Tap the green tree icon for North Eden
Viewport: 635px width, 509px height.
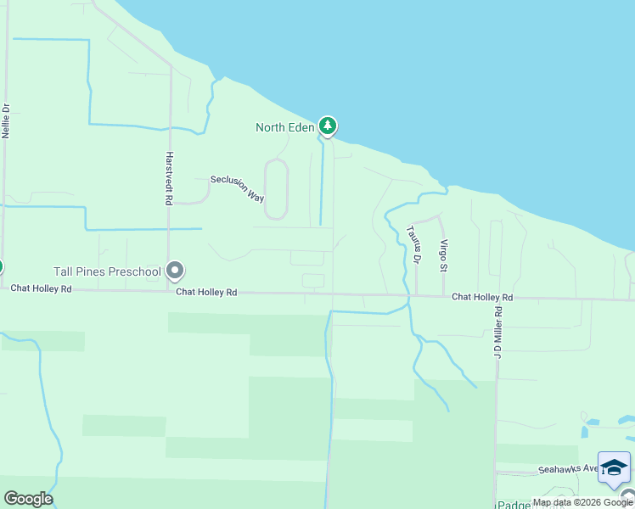[328, 126]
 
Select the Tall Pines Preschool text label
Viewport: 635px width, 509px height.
[107, 272]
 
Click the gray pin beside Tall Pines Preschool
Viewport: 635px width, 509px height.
[176, 271]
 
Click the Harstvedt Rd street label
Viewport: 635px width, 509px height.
[170, 179]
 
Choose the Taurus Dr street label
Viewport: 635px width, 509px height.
[413, 244]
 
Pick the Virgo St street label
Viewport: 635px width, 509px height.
[442, 255]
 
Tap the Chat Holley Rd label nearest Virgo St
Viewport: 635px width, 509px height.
[482, 298]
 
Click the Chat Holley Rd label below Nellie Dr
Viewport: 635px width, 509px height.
[42, 289]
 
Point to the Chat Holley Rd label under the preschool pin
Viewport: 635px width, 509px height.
[206, 292]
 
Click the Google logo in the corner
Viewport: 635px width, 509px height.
[28, 499]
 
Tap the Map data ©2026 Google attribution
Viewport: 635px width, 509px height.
[583, 502]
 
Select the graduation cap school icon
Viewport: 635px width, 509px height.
[614, 467]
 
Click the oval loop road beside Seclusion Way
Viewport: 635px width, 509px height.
[277, 190]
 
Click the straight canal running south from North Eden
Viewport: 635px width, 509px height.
[321, 182]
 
